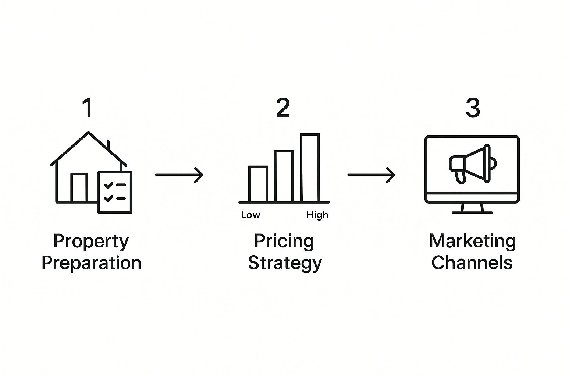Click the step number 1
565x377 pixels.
point(88,108)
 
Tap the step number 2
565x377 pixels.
point(283,108)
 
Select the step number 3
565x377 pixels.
point(473,108)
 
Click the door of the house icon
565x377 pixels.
point(79,187)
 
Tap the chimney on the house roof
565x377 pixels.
point(109,145)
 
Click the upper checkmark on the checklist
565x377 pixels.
point(109,185)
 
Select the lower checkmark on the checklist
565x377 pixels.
point(109,198)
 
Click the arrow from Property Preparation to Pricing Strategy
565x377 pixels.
point(180,175)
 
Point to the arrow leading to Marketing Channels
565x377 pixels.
point(371,175)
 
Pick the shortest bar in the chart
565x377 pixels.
point(258,184)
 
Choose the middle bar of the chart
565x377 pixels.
point(284,176)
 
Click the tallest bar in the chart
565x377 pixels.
point(310,168)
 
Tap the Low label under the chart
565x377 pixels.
point(250,215)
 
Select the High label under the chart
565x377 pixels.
point(317,215)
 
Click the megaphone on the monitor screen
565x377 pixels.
point(473,164)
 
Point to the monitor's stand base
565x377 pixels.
point(472,213)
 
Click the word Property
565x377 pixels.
point(91,242)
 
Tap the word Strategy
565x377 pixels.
point(285,264)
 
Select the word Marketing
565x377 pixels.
point(472,242)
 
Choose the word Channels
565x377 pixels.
point(472,263)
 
